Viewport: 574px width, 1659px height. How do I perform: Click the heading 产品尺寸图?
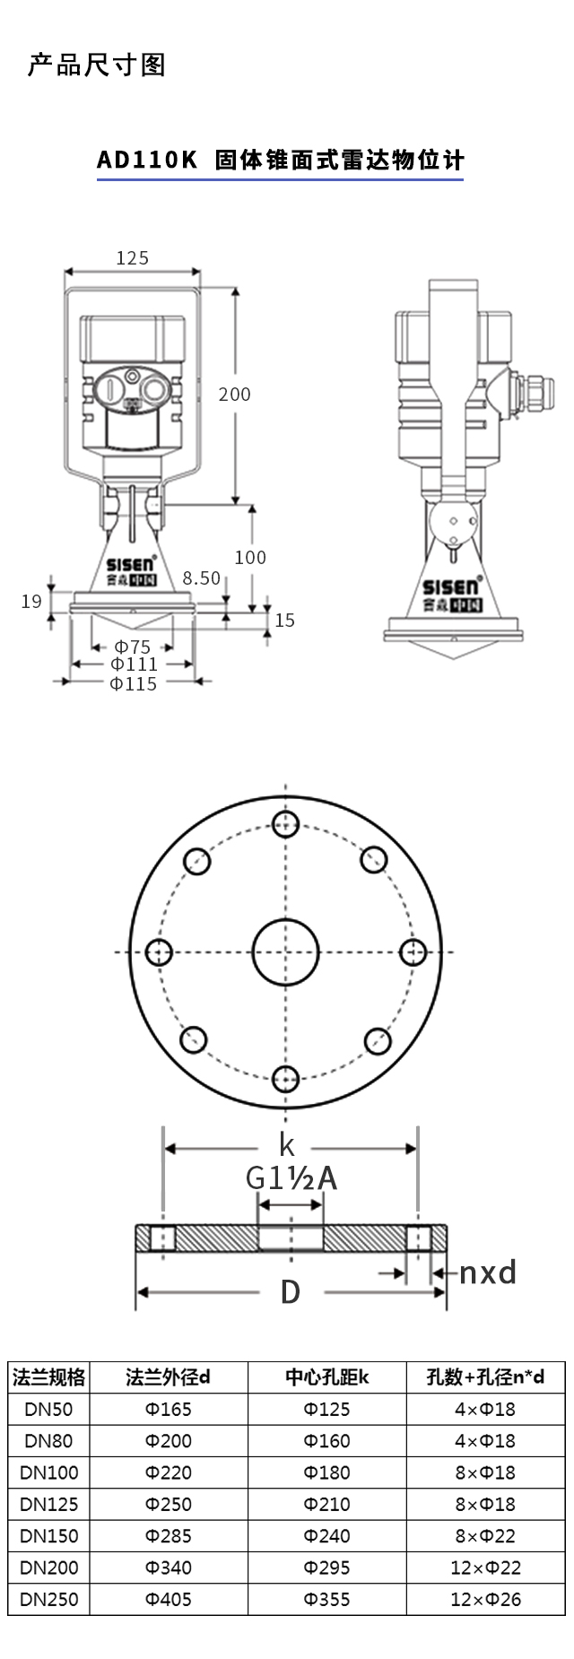pos(97,65)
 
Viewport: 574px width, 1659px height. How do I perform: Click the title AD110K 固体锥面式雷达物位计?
pos(281,161)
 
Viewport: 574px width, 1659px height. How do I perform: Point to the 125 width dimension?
pos(133,258)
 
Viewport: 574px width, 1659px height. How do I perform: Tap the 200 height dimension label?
pos(235,394)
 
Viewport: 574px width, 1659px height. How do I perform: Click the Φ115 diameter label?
pos(133,683)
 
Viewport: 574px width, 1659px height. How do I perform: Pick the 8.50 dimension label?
pos(201,578)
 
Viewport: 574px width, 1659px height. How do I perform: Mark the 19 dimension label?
pos(32,601)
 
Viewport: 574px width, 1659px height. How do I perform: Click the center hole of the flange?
pos(286,951)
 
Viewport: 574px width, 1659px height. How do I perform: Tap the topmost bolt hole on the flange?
pos(286,824)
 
